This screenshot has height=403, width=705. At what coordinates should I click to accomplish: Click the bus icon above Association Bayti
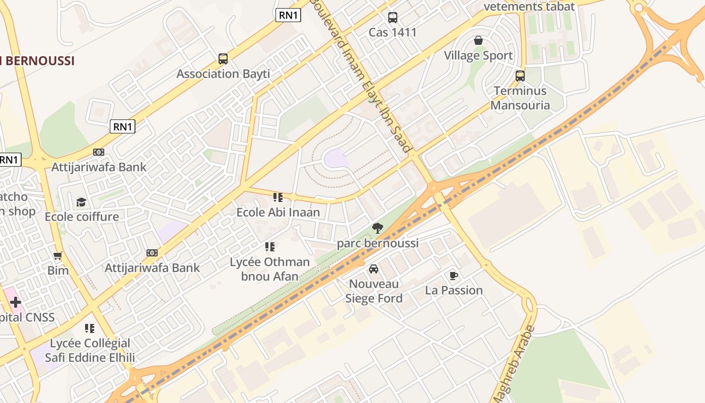(x=223, y=59)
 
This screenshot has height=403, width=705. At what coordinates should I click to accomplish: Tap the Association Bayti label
(x=223, y=74)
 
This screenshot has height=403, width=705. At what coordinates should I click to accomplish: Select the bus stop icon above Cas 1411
(x=393, y=18)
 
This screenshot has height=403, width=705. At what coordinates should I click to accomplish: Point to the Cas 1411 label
(x=393, y=33)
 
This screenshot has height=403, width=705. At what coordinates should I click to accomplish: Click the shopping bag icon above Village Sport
(x=478, y=40)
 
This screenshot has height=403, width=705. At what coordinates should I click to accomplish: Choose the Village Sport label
(x=478, y=55)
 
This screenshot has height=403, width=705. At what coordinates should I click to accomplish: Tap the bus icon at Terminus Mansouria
(x=520, y=76)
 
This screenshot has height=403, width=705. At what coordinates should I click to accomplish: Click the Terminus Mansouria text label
(x=520, y=98)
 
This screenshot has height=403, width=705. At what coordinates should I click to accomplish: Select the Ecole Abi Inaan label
(x=278, y=212)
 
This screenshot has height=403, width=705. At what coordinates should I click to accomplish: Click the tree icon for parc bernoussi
(x=378, y=228)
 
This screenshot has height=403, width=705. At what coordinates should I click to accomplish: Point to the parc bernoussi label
(x=378, y=244)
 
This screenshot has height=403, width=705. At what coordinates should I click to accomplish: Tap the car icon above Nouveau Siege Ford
(x=374, y=269)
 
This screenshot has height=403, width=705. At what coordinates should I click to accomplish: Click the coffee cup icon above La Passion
(x=454, y=276)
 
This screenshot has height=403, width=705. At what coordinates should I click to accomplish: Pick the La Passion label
(x=454, y=291)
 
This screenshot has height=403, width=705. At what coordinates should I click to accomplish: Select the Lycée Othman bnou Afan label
(x=270, y=269)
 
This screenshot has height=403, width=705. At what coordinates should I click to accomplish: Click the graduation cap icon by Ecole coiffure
(x=81, y=202)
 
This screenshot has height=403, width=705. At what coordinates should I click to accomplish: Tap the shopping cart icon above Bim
(x=58, y=256)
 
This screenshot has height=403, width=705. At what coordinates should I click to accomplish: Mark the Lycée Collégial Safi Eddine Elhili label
(x=90, y=351)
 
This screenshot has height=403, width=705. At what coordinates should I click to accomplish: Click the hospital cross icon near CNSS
(x=16, y=302)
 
